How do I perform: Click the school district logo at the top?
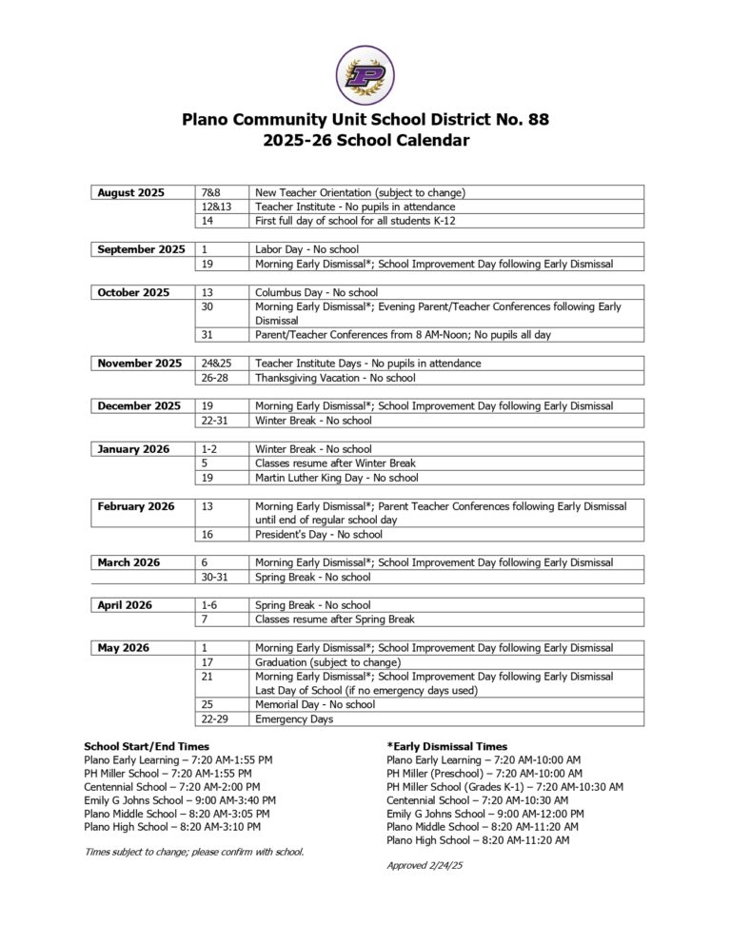pos(365,75)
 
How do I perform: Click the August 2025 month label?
pos(130,192)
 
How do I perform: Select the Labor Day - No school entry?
pos(306,249)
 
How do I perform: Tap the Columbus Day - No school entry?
pos(316,292)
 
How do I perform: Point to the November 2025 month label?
pos(139,363)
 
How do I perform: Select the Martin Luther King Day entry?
pos(336,478)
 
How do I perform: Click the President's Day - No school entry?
pos(318,535)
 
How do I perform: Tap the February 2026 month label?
pos(136,506)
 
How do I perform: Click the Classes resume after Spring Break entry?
pos(334,620)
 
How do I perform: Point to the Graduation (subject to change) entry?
pos(327,662)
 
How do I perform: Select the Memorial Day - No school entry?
pos(315,705)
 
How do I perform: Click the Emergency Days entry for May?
pos(294,719)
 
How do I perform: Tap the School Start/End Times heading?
pos(147,746)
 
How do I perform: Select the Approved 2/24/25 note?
pos(424,865)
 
